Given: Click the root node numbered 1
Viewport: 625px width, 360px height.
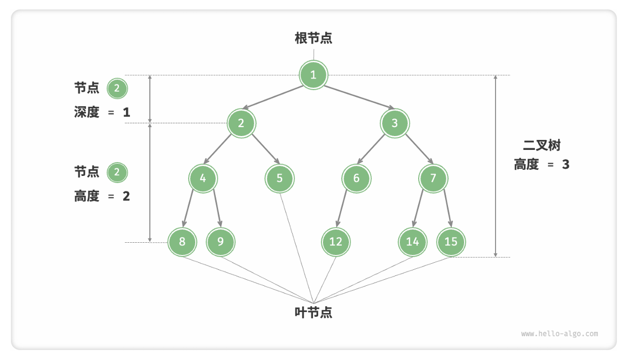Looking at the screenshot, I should [x=314, y=75].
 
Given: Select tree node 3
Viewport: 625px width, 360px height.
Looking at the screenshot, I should [x=394, y=123].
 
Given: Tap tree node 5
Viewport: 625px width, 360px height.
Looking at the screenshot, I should [x=279, y=178].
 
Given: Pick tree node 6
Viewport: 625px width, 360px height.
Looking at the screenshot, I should [x=356, y=178].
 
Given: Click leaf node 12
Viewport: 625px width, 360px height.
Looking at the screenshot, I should [x=336, y=242].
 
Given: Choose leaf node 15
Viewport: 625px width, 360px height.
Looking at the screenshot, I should [x=451, y=242].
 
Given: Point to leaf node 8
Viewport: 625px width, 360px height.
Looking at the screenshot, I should [x=183, y=242].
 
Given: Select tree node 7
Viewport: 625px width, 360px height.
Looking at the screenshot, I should [x=433, y=178].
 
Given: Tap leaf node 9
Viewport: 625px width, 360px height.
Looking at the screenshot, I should [x=221, y=242].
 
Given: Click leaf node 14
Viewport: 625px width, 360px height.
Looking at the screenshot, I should [x=413, y=242].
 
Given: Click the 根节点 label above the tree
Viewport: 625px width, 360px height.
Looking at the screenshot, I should [x=314, y=38].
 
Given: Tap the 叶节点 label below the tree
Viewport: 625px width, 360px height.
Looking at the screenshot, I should [x=314, y=312].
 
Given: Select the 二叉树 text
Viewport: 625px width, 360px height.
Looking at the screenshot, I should [x=541, y=145].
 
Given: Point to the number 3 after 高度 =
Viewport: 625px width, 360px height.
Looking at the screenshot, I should [x=565, y=164].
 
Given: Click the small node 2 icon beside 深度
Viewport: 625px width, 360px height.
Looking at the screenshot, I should [x=117, y=88].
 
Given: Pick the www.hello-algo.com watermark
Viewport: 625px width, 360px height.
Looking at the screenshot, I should [x=559, y=333].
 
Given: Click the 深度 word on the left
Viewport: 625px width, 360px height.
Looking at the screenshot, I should [x=87, y=112].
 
